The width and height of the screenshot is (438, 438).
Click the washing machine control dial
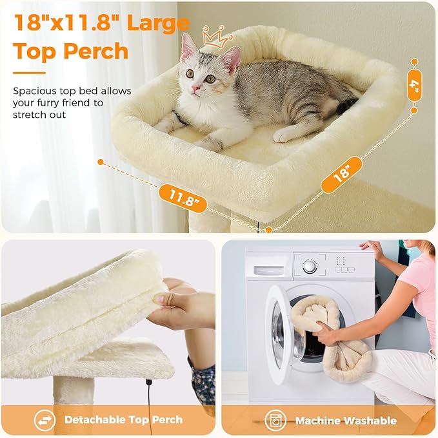(x=310, y=266)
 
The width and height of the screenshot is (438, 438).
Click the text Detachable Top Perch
(x=123, y=420)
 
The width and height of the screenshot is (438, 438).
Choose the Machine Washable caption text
(x=346, y=421)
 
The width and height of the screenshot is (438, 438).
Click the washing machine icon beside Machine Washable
(x=275, y=420)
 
